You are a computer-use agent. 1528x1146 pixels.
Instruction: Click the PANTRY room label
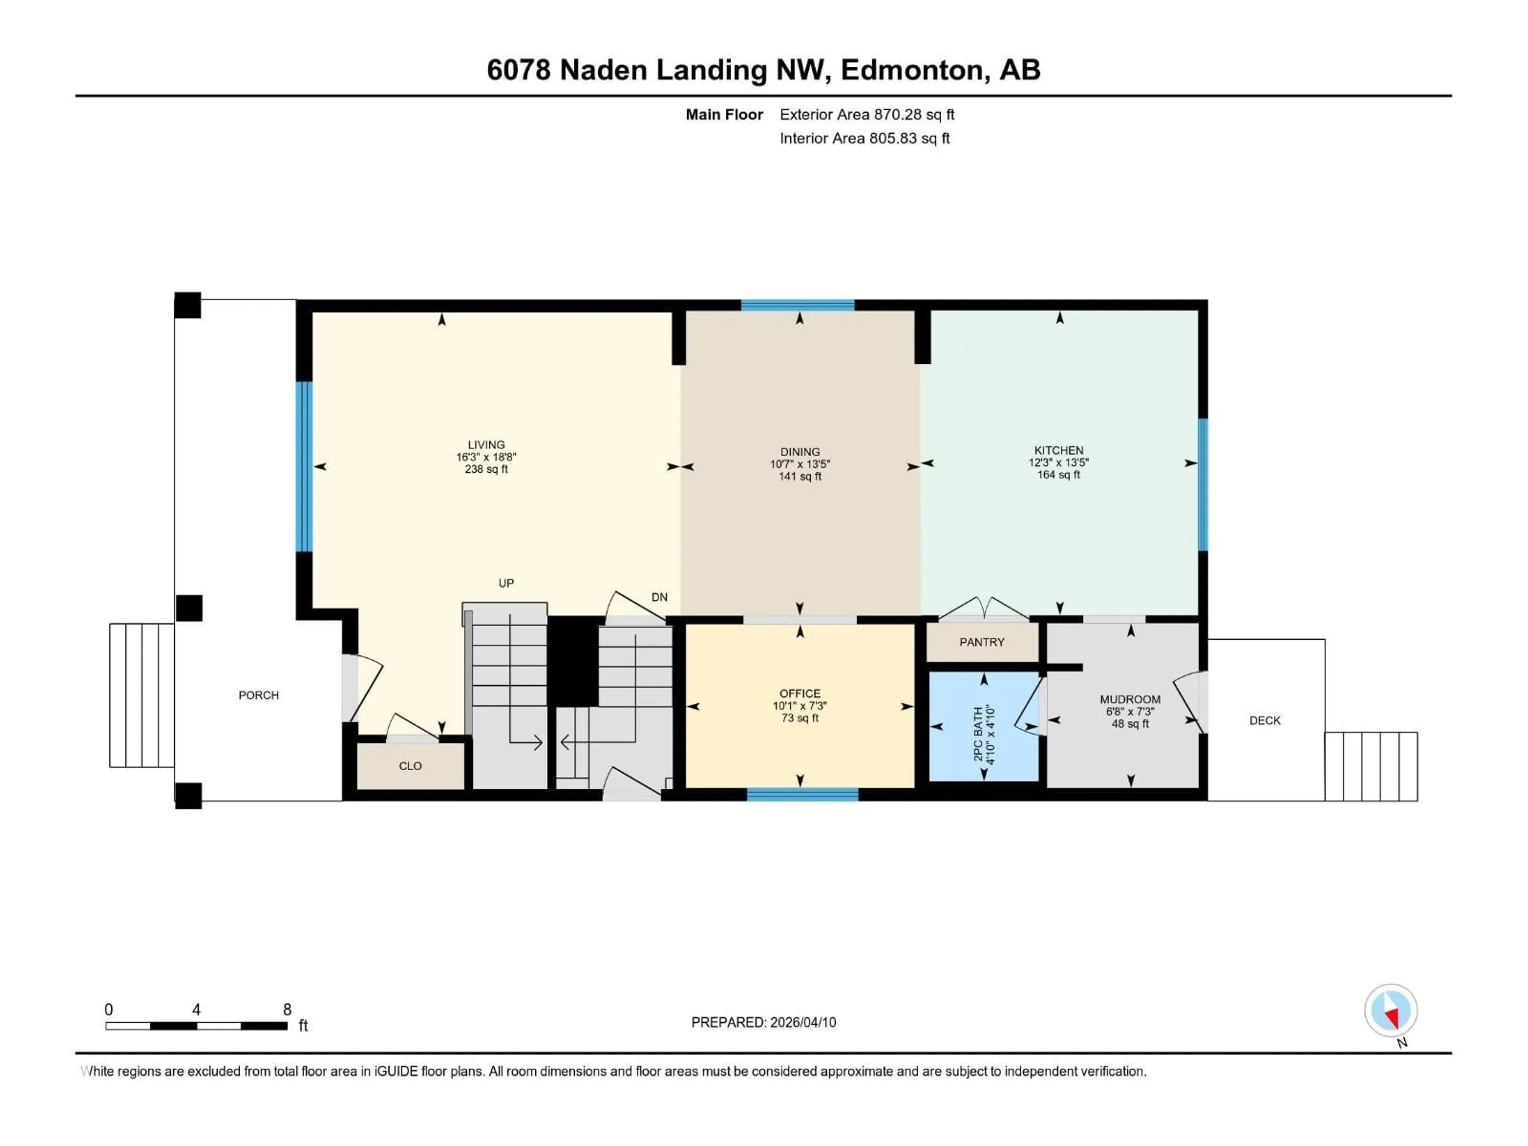[982, 642]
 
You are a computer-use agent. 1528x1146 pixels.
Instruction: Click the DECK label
[1265, 721]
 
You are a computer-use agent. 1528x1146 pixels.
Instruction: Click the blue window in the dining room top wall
[798, 305]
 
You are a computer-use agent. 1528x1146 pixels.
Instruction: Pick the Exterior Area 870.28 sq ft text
[867, 115]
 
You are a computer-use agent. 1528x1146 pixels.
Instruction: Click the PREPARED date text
[763, 1022]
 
